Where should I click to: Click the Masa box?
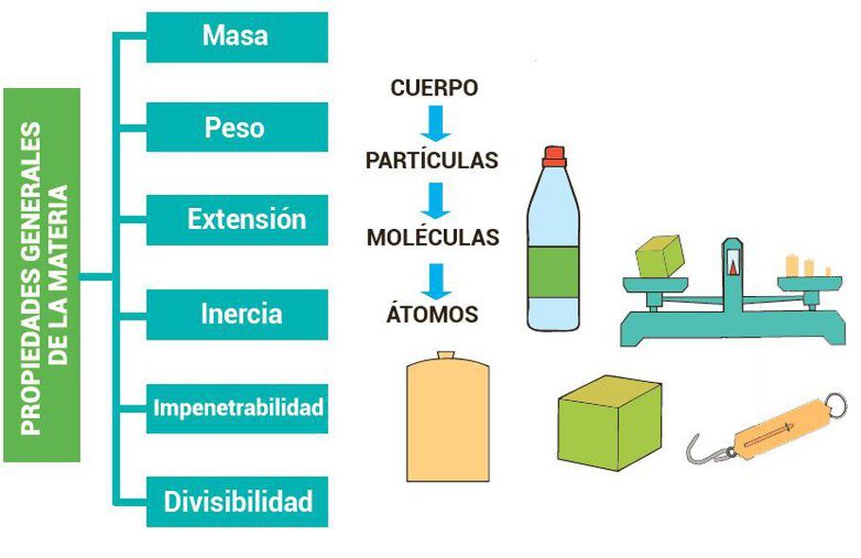click(x=237, y=37)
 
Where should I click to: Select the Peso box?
click(x=237, y=128)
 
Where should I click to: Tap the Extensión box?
click(x=237, y=219)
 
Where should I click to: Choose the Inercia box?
click(x=237, y=313)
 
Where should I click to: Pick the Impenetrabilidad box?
click(x=237, y=408)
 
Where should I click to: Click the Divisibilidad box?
click(x=237, y=501)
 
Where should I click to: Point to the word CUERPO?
click(x=434, y=89)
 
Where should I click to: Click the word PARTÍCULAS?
click(x=431, y=161)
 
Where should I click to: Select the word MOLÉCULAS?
click(x=432, y=237)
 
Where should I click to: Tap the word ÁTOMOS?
click(x=432, y=315)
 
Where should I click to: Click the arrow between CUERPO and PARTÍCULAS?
click(x=434, y=124)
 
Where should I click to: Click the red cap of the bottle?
click(x=553, y=154)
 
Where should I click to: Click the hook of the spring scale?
click(x=700, y=448)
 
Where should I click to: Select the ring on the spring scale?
click(x=836, y=405)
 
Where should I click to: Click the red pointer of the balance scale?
click(x=732, y=268)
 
